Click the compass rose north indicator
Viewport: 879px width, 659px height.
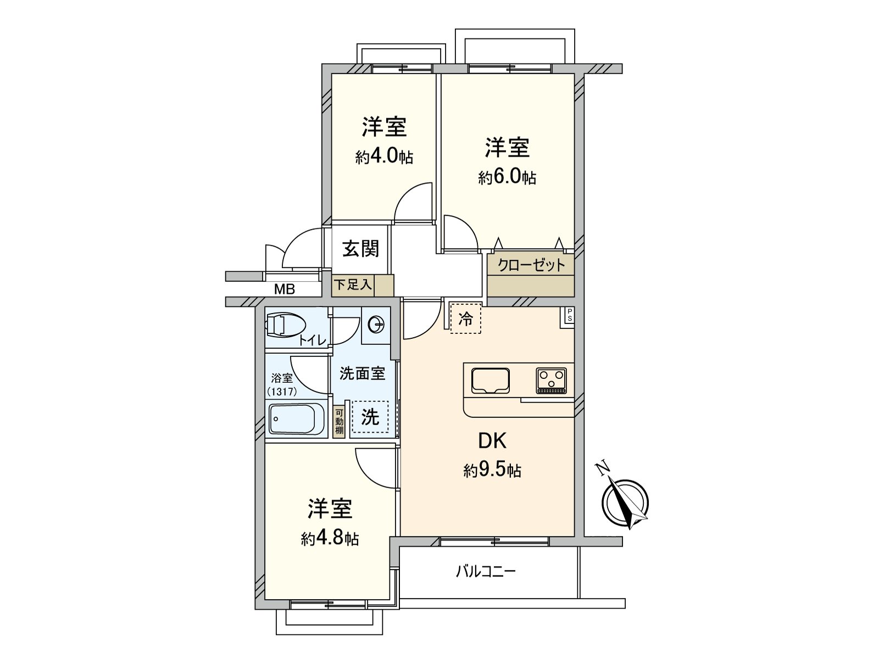625,501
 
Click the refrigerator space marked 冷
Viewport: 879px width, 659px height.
465,319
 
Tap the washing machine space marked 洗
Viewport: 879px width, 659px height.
370,417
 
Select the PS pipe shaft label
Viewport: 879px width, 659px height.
569,315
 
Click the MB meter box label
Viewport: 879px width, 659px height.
285,289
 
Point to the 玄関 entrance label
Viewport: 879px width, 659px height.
360,249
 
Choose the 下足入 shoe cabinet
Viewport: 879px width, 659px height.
353,285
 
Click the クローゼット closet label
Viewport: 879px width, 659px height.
531,265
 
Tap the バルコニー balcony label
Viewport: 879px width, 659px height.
486,572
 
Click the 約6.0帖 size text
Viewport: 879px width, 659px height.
507,177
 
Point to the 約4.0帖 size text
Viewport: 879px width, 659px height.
384,157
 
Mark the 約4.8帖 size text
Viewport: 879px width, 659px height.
330,539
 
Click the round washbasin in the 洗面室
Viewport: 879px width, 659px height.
376,325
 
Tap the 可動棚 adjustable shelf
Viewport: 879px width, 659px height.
339,421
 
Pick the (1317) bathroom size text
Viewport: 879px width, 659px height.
282,392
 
